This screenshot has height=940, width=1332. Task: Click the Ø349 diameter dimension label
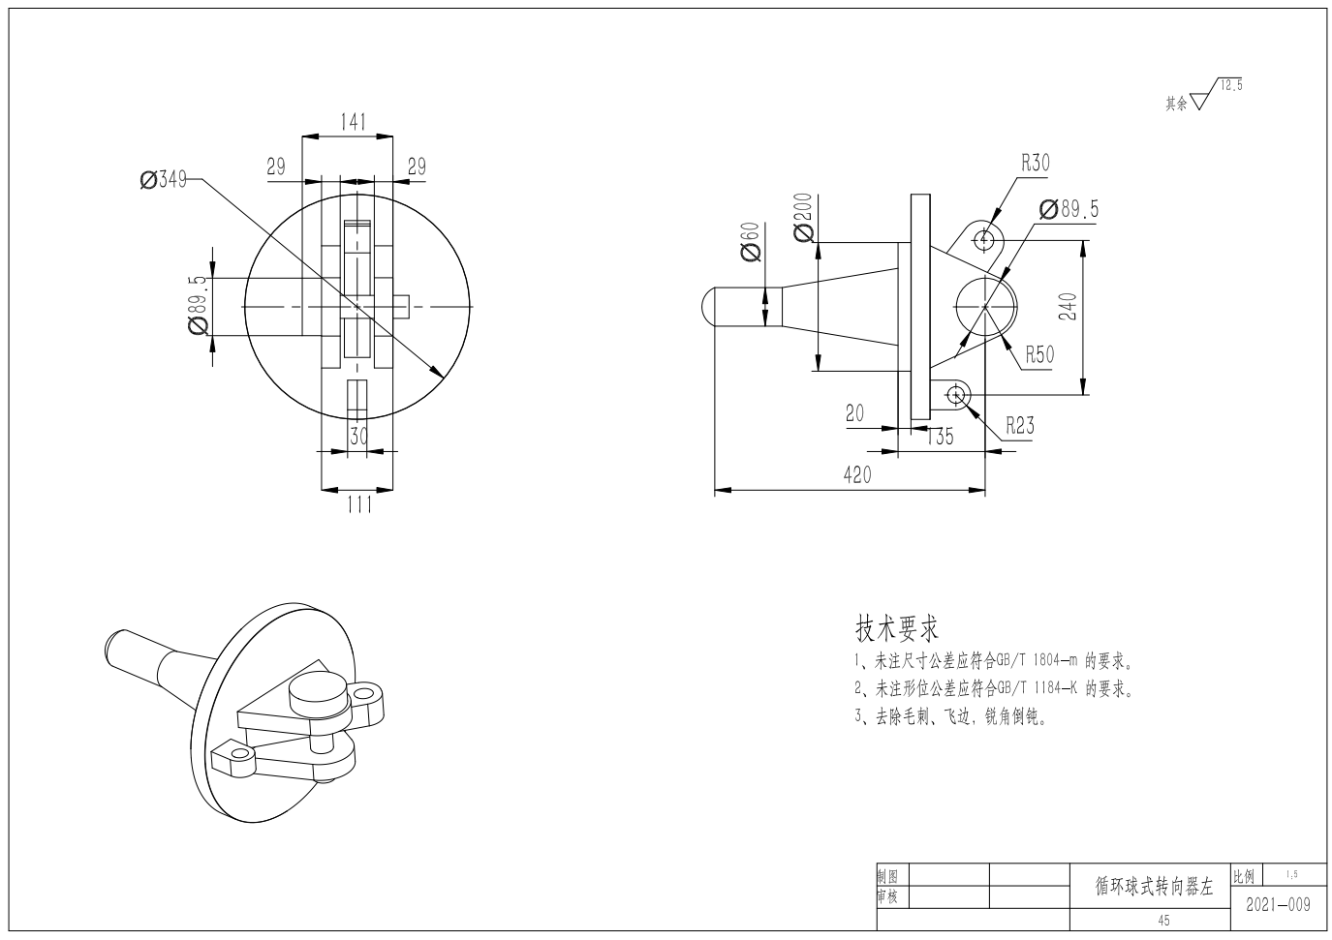[x=164, y=179]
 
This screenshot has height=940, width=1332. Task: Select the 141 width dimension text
[x=354, y=122]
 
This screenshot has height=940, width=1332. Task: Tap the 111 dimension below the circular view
[x=359, y=504]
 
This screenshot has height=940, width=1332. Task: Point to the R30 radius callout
[x=1036, y=163]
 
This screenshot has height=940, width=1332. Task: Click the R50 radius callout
[x=1039, y=354]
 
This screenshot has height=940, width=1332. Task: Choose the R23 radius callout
[x=1020, y=425]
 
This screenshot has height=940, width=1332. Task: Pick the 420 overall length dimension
[x=857, y=474]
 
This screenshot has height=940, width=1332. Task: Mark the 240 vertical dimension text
[x=1069, y=306]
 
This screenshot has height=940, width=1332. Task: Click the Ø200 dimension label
[x=803, y=218]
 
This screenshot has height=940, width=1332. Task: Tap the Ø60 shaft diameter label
[x=751, y=242]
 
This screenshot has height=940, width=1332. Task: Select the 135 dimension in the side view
[x=940, y=437]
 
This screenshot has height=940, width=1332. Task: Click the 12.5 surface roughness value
[x=1231, y=85]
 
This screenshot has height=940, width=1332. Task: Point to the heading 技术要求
[x=897, y=628]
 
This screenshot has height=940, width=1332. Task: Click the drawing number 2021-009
[x=1278, y=905]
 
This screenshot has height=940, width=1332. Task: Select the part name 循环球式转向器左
[x=1154, y=887]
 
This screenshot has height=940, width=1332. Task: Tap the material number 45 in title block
[x=1163, y=921]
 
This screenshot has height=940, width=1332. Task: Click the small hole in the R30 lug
[x=983, y=240]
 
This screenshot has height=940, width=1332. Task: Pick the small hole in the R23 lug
[x=956, y=394]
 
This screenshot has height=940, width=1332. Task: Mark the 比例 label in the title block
[x=1244, y=876]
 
